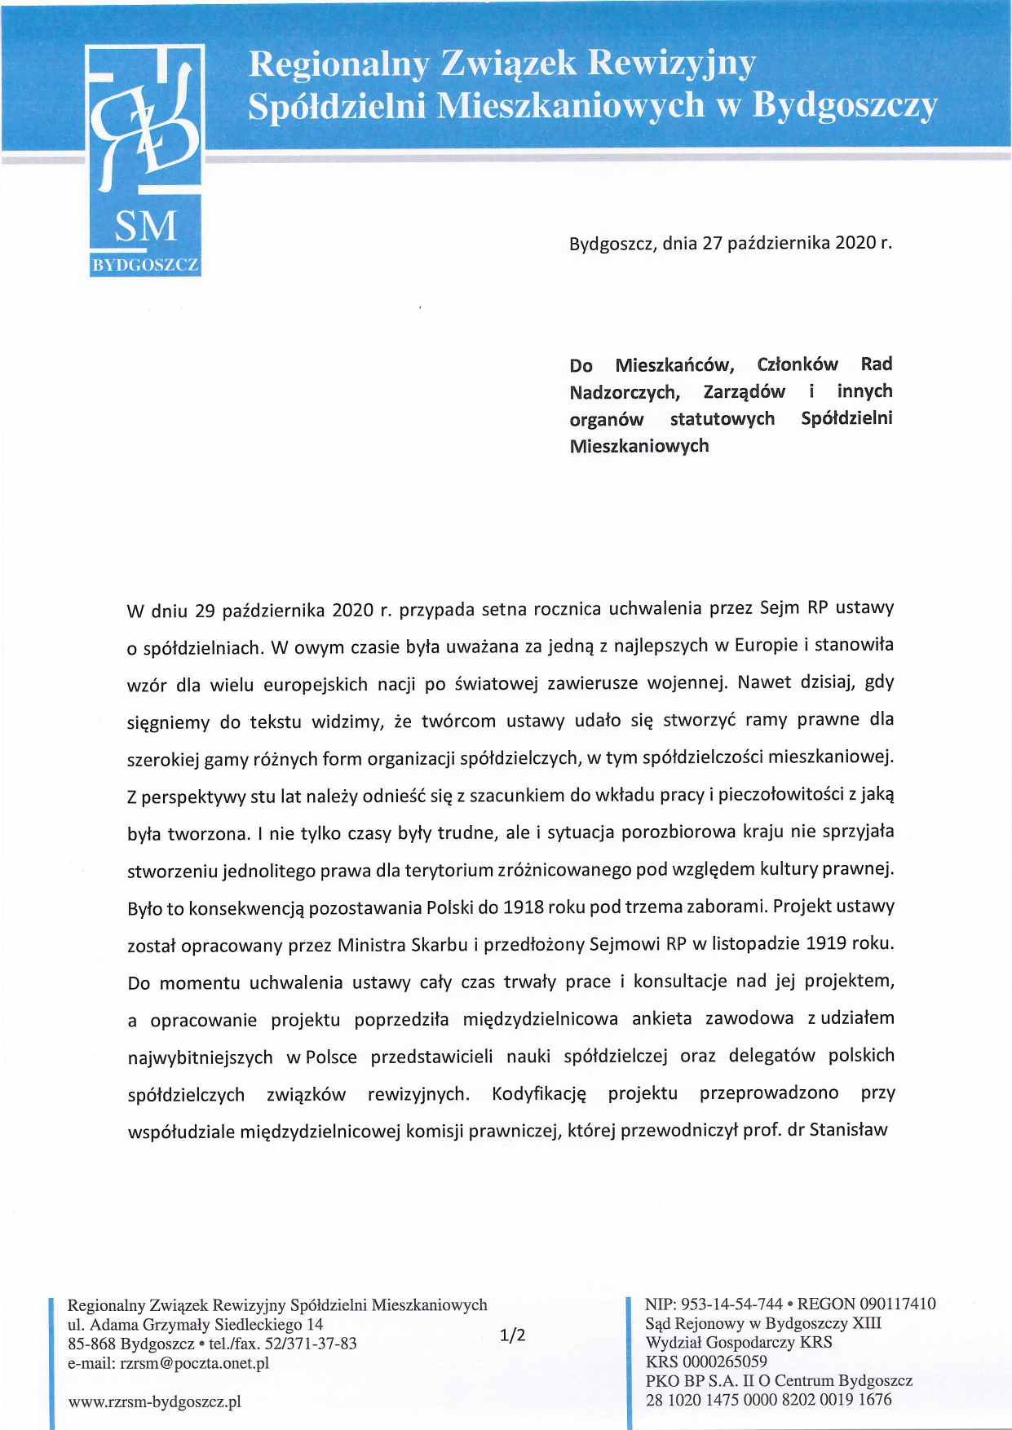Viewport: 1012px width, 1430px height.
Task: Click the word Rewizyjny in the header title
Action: coord(671,64)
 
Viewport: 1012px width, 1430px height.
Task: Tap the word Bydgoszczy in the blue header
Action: coord(845,105)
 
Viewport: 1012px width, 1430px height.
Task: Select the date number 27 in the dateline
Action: coord(712,243)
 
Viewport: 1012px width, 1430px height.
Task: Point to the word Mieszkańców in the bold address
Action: coord(674,364)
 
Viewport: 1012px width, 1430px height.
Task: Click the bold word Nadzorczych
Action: coord(625,392)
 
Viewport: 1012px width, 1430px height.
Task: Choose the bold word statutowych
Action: coord(722,419)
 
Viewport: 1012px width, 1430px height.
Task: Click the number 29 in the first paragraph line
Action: coord(205,611)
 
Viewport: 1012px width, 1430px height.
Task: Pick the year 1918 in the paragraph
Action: coord(524,907)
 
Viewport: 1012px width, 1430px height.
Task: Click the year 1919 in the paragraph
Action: coord(826,944)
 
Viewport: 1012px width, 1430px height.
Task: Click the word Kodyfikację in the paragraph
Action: coord(539,1094)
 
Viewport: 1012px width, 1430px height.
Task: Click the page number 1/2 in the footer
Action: coord(512,1335)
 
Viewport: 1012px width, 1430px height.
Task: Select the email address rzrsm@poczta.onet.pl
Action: coord(194,1362)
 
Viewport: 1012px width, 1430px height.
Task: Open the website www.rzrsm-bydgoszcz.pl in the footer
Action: coord(155,1401)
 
